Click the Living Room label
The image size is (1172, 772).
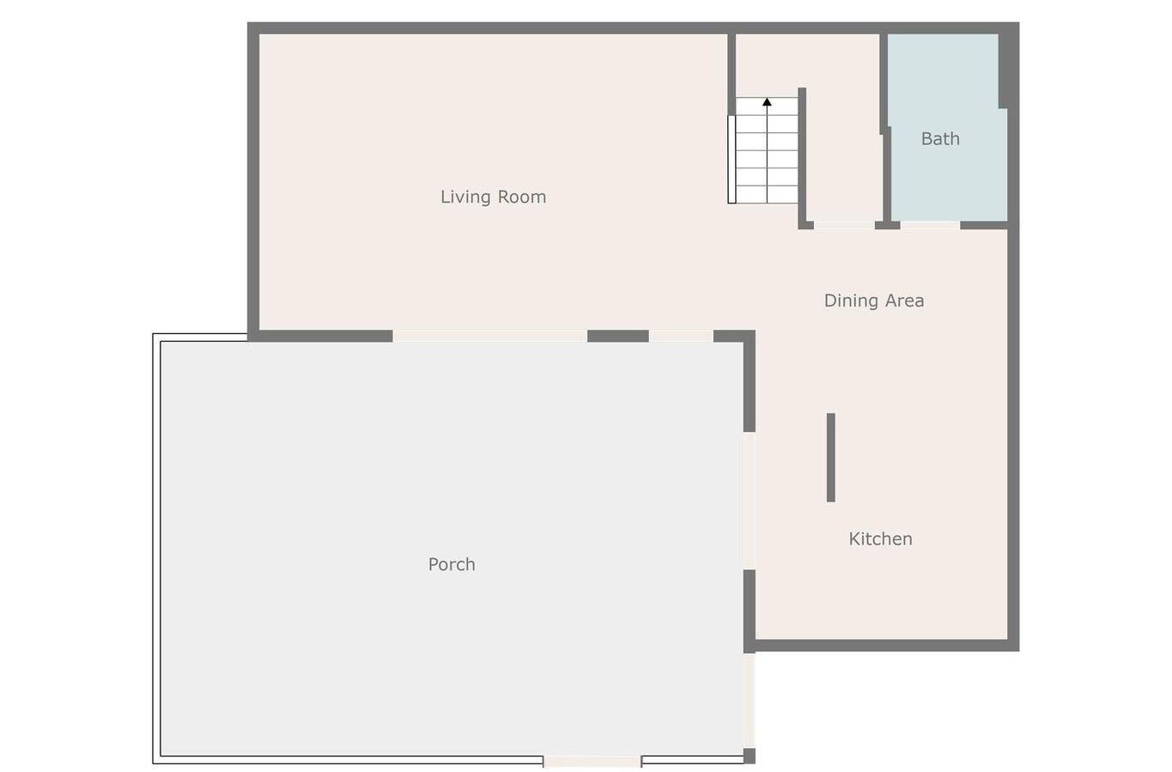click(493, 197)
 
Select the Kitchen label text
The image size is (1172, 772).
click(880, 539)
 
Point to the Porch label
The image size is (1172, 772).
click(452, 564)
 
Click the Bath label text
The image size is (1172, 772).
click(940, 139)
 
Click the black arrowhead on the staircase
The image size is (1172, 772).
click(767, 102)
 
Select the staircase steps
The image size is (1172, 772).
click(767, 155)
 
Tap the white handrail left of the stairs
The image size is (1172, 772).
click(732, 159)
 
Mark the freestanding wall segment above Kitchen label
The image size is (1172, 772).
click(830, 457)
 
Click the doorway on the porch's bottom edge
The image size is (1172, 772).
click(592, 761)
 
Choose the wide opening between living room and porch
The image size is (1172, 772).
click(489, 336)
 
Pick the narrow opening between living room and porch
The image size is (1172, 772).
click(681, 336)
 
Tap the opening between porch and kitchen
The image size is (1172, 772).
click(750, 500)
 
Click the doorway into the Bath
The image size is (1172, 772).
click(930, 225)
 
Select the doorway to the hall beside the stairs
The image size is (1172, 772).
click(844, 225)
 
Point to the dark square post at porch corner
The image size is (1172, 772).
click(750, 756)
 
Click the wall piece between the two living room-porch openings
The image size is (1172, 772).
click(618, 336)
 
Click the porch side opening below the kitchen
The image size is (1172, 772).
click(750, 700)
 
